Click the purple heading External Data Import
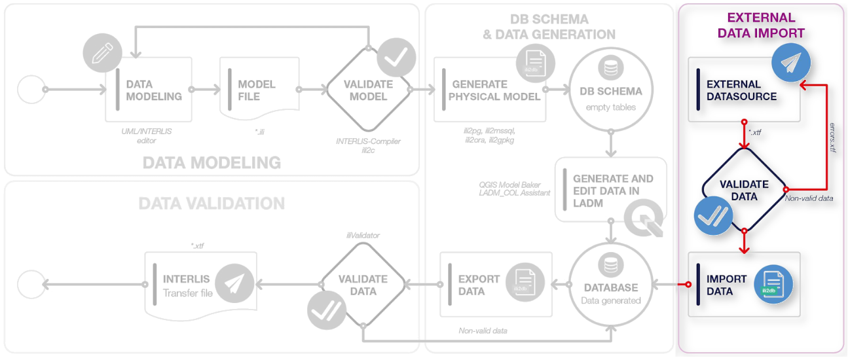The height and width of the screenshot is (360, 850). click(x=761, y=26)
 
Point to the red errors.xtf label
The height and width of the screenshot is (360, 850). click(x=832, y=137)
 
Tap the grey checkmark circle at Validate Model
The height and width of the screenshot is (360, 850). click(x=396, y=58)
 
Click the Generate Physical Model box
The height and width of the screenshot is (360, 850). click(x=490, y=90)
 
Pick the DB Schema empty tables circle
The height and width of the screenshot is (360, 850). click(x=610, y=90)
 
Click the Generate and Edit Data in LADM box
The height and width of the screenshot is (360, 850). click(x=610, y=189)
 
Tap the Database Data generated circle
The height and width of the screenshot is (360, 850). click(x=610, y=284)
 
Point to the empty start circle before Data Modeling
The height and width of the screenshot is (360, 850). click(x=31, y=89)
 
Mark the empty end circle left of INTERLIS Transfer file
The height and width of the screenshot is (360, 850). click(x=31, y=285)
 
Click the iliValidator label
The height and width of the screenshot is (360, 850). click(x=363, y=234)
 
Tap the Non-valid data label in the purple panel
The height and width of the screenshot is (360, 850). click(x=809, y=198)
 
